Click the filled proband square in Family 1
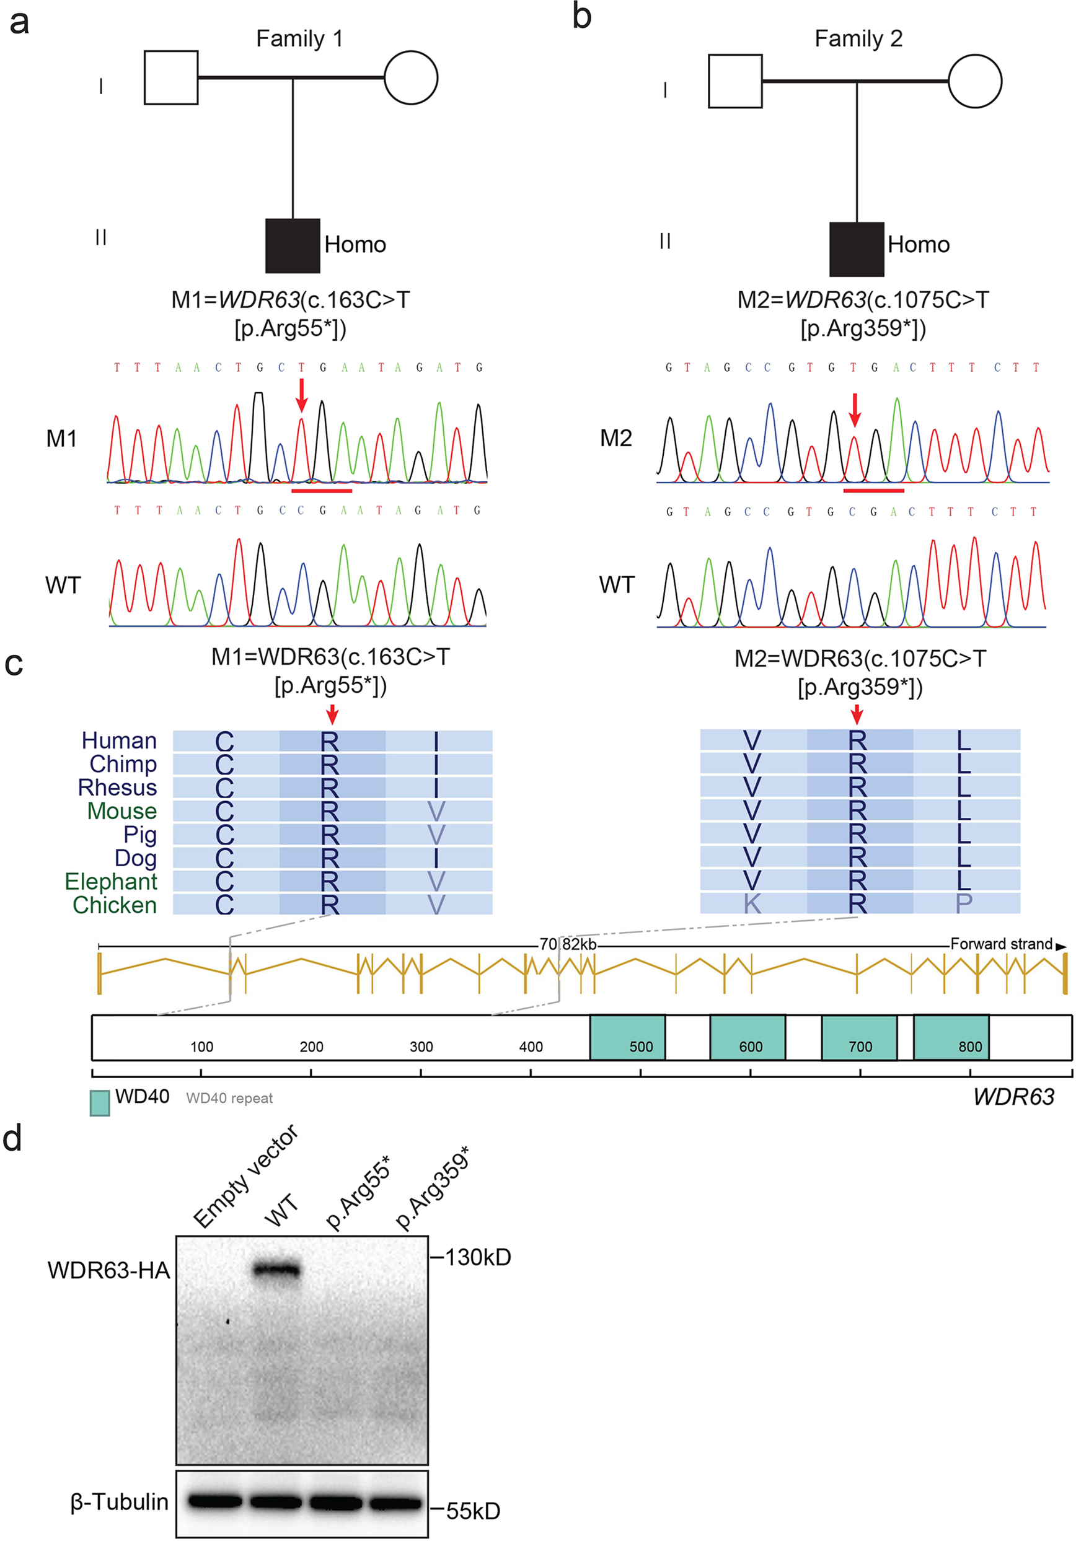(x=292, y=245)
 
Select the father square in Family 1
(x=171, y=78)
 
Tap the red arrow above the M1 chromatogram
(x=301, y=395)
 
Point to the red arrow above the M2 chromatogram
(x=854, y=410)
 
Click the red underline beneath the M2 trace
(x=873, y=491)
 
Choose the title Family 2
(x=858, y=38)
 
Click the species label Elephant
(x=111, y=881)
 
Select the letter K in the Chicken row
(x=752, y=904)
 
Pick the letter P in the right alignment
(x=963, y=903)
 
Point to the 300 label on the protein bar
(x=421, y=1047)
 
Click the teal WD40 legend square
(x=100, y=1103)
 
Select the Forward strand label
(x=1001, y=944)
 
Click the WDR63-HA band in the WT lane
(x=276, y=1270)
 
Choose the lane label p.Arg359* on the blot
(x=432, y=1188)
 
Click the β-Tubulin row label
(x=120, y=1501)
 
